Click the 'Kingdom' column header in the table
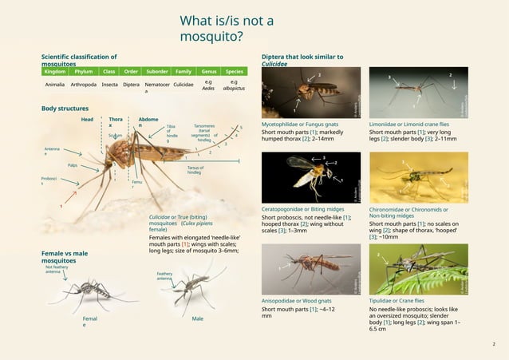point(54,70)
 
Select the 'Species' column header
point(234,70)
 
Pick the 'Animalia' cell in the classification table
point(55,84)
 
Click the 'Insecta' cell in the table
point(110,84)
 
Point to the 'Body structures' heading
point(65,108)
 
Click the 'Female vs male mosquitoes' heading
point(65,256)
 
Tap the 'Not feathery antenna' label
point(57,270)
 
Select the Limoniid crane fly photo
point(418,93)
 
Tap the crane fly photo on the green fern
point(418,268)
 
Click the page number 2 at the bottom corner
point(494,344)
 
